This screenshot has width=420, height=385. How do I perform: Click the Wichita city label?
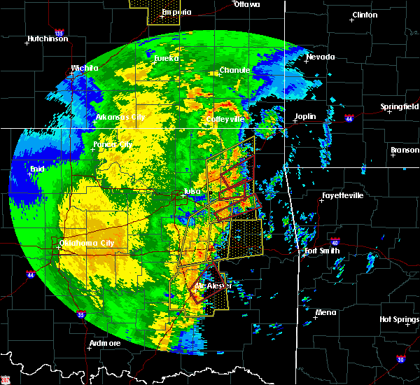(82, 69)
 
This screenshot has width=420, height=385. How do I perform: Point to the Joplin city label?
(305, 116)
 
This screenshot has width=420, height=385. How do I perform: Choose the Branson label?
(404, 150)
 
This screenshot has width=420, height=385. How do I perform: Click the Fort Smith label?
(322, 251)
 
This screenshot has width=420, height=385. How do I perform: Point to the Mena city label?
(325, 312)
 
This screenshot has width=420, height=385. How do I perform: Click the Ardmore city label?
(104, 343)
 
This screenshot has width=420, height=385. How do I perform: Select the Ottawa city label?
(246, 4)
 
